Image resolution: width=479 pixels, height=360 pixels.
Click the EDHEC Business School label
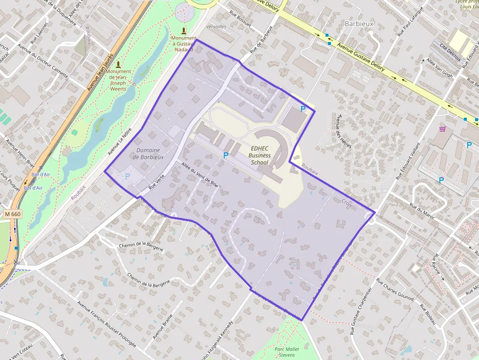pos(260,155)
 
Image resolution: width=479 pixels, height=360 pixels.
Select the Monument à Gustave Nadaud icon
pos(183,31)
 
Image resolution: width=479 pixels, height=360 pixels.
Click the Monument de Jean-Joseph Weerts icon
pos(118,64)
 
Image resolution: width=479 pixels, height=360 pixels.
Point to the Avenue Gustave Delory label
pos(361,58)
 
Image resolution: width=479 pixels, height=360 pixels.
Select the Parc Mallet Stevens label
pos(286,352)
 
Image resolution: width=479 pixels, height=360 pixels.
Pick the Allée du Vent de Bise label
pos(199,175)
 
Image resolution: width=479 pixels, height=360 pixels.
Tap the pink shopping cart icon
pos(442,129)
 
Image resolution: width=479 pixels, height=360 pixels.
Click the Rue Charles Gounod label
pos(395,291)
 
